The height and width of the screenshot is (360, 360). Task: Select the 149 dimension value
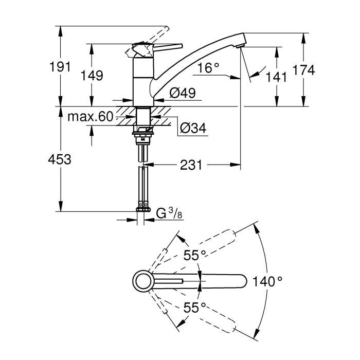coord(93,76)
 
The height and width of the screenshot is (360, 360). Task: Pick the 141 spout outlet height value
coord(277,78)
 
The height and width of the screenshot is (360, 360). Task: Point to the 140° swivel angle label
coord(267,281)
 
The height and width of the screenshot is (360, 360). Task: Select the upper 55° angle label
coord(195,255)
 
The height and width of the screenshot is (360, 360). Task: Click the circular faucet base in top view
coord(143,281)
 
